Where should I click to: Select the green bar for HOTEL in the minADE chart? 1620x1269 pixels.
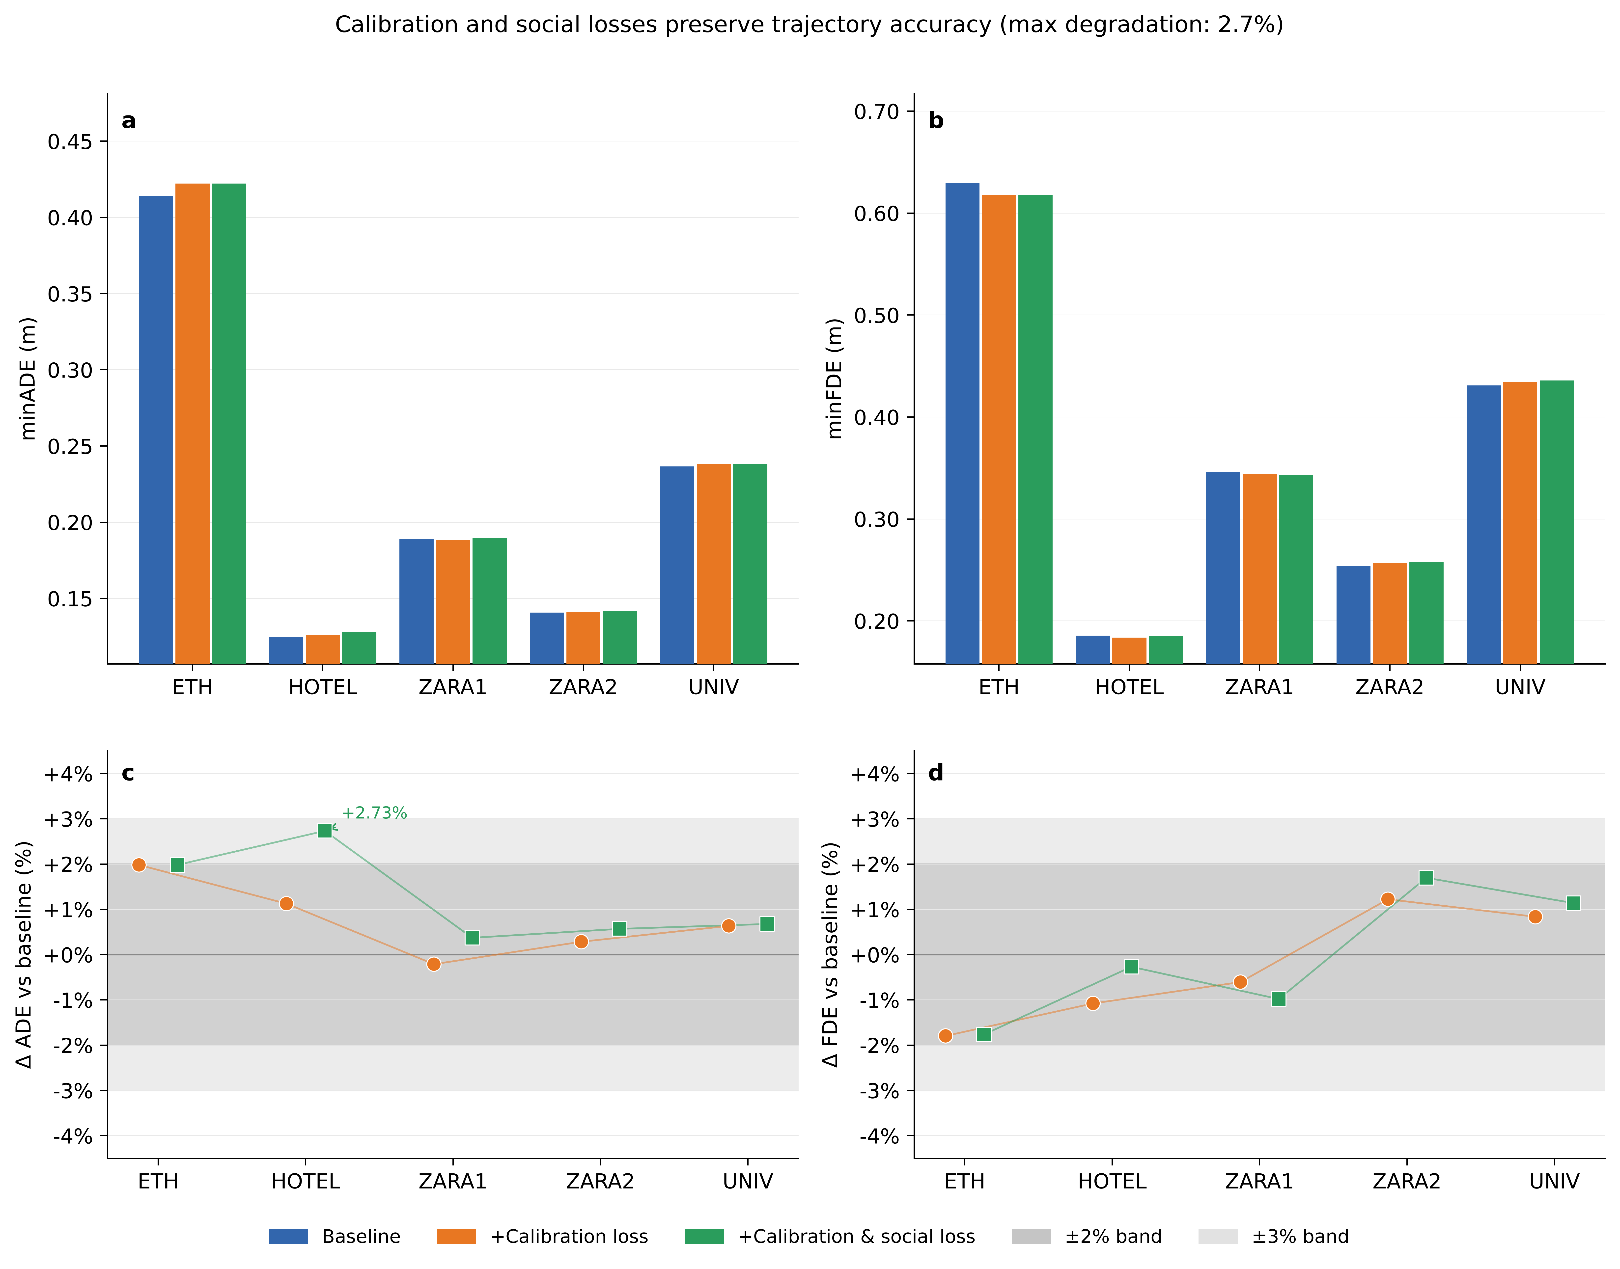[359, 648]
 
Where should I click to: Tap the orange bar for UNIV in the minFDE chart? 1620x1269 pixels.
[1520, 522]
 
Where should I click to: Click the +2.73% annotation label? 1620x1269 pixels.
[375, 813]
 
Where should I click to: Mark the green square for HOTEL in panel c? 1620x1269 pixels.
[325, 831]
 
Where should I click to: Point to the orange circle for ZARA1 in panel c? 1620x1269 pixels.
[434, 964]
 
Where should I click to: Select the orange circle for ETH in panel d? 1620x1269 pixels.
[945, 1036]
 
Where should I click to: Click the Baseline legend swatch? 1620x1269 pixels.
[288, 1236]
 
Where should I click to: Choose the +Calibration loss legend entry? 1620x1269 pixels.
[542, 1236]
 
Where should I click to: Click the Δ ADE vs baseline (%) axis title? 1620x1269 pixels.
[25, 955]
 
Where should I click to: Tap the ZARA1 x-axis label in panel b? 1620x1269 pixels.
[1259, 687]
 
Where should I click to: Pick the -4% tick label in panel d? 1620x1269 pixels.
[879, 1137]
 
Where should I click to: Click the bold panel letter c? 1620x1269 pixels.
[128, 773]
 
